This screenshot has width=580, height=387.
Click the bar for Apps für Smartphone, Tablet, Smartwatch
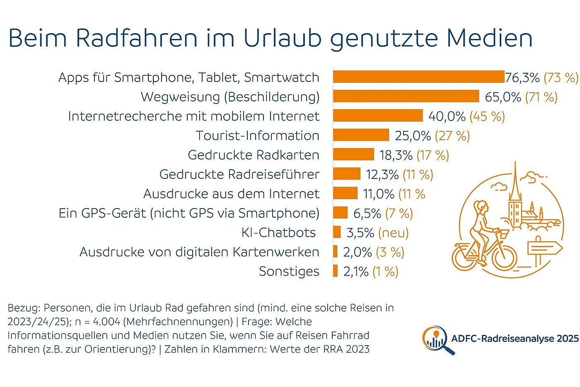click(x=418, y=77)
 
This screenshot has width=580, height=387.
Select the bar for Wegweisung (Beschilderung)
click(x=406, y=96)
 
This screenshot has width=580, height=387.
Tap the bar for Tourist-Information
click(x=361, y=135)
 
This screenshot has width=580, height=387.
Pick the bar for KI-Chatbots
click(x=337, y=232)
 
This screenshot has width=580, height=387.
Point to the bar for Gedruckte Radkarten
click(x=353, y=154)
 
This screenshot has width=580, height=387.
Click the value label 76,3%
click(x=522, y=77)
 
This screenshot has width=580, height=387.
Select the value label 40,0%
click(x=447, y=116)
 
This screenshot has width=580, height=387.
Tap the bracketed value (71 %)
click(x=541, y=97)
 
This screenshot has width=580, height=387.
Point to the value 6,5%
click(x=367, y=213)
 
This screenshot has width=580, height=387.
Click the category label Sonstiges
click(x=289, y=272)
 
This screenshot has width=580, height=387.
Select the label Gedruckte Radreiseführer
click(x=239, y=174)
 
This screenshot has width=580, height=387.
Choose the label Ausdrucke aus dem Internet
click(x=231, y=194)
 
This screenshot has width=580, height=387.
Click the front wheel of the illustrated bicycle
click(x=504, y=258)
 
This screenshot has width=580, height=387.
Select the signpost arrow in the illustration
click(x=544, y=248)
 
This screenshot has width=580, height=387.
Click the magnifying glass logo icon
click(x=436, y=339)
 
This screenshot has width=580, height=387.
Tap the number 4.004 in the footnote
click(x=106, y=322)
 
